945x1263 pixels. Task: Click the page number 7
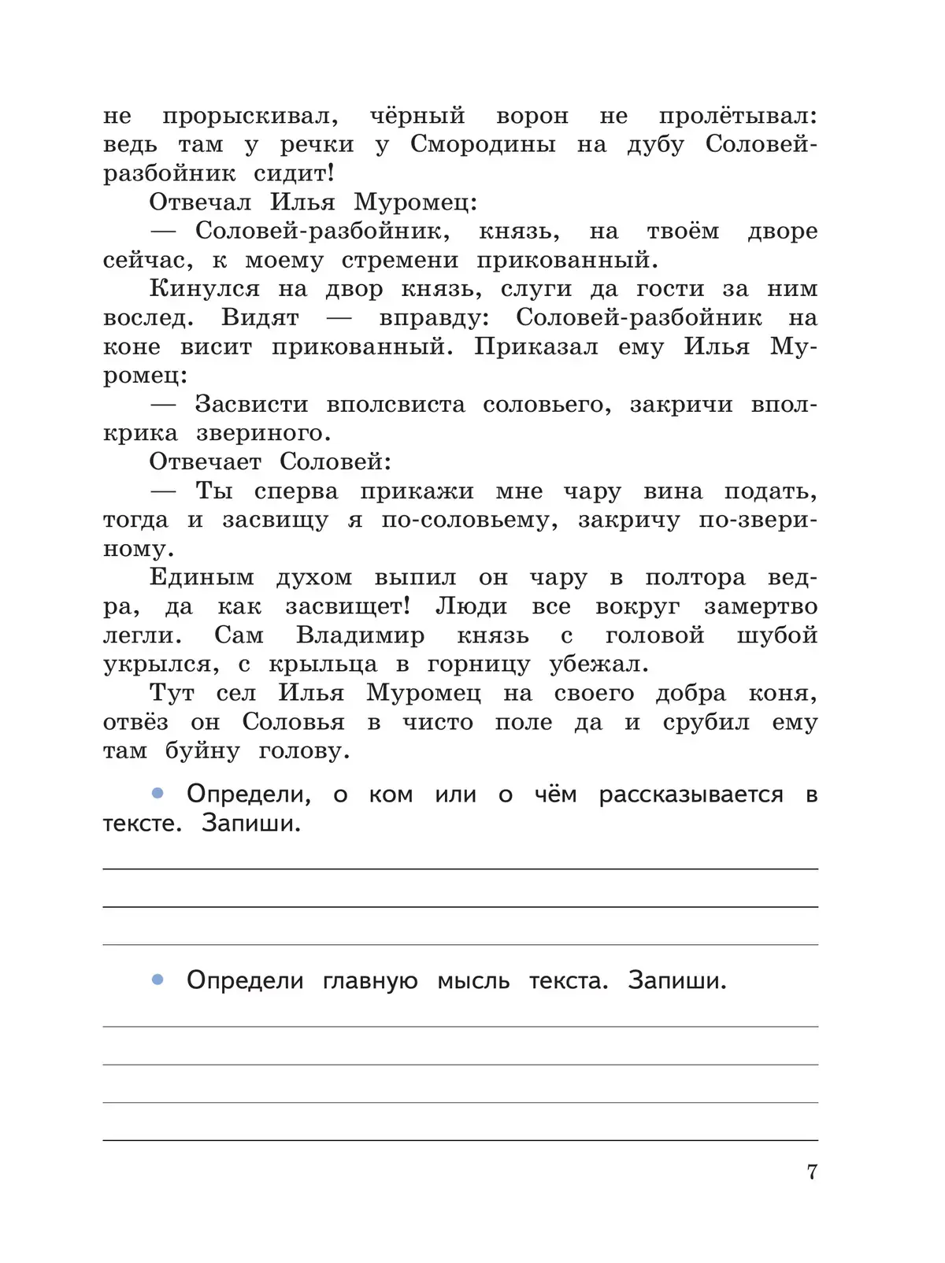coord(812,1172)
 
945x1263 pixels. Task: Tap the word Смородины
coord(483,145)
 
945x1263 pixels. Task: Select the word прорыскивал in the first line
coord(250,117)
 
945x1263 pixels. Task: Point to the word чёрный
coord(417,117)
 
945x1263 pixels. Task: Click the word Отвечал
coord(200,202)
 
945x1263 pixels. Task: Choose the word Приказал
coord(535,347)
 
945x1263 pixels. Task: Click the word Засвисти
coord(251,405)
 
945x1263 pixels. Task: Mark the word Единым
coord(202,578)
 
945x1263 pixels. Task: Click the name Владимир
coord(360,635)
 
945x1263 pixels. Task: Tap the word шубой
coord(776,635)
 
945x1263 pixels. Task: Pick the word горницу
coord(479,665)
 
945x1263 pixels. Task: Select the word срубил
coord(706,723)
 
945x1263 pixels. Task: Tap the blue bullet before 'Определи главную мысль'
coord(157,980)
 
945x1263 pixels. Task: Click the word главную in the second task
coord(370,981)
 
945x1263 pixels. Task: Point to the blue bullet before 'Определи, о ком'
coord(157,794)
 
